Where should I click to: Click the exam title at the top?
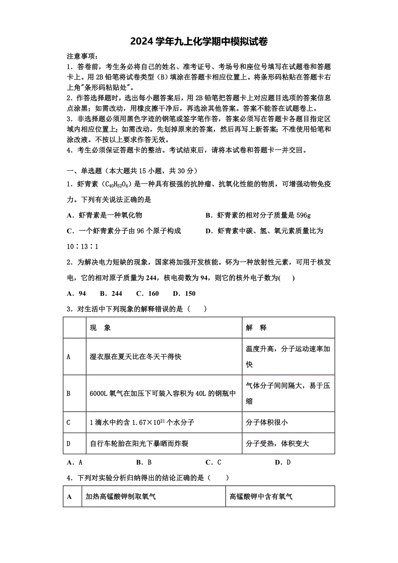pyautogui.click(x=199, y=42)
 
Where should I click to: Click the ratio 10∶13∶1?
pyautogui.click(x=83, y=246)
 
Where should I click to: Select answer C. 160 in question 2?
pyautogui.click(x=148, y=294)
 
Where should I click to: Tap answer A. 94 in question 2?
pyautogui.click(x=77, y=294)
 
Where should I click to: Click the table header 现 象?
pyautogui.click(x=100, y=328)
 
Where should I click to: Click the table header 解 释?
pyautogui.click(x=257, y=328)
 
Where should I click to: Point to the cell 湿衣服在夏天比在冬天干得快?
pyautogui.click(x=135, y=357)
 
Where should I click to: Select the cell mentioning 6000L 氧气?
pyautogui.click(x=163, y=393)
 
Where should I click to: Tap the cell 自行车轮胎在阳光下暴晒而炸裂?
pyautogui.click(x=139, y=444)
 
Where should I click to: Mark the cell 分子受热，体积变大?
pyautogui.click(x=277, y=444)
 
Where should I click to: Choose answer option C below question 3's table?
pyautogui.click(x=213, y=462)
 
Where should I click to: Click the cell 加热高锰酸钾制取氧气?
pyautogui.click(x=121, y=497)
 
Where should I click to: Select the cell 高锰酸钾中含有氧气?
pyautogui.click(x=261, y=497)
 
